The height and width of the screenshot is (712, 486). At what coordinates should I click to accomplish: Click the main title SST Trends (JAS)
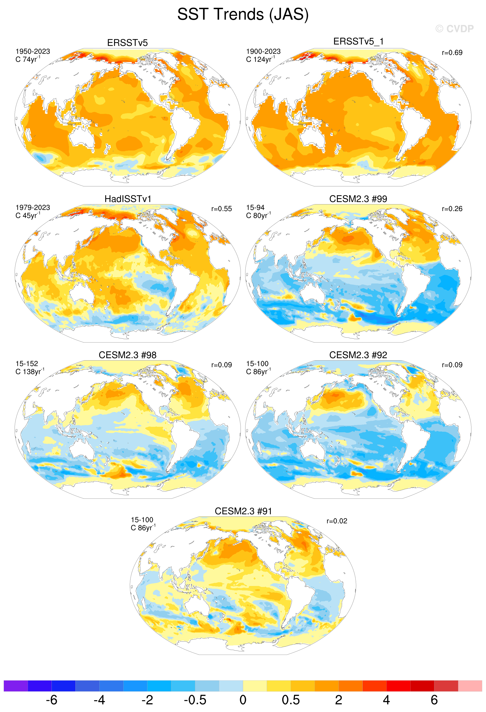click(243, 14)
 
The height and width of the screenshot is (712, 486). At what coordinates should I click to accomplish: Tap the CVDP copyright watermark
click(454, 29)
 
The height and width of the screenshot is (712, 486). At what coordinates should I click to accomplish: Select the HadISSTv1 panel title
click(128, 199)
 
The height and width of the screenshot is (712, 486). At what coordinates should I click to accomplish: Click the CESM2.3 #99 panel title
click(358, 199)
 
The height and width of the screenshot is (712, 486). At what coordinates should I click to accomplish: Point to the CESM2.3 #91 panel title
click(243, 511)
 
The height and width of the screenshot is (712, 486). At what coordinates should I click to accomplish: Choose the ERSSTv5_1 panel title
click(358, 41)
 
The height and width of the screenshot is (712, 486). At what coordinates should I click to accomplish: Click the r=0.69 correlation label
click(452, 53)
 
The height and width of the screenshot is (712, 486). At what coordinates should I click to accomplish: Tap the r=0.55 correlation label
click(221, 209)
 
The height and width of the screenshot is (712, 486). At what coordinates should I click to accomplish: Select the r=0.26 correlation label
click(452, 209)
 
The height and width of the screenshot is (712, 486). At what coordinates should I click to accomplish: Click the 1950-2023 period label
click(33, 51)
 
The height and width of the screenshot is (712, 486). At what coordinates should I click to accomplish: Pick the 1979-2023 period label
click(33, 207)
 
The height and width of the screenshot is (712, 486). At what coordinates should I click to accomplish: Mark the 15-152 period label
click(27, 364)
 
